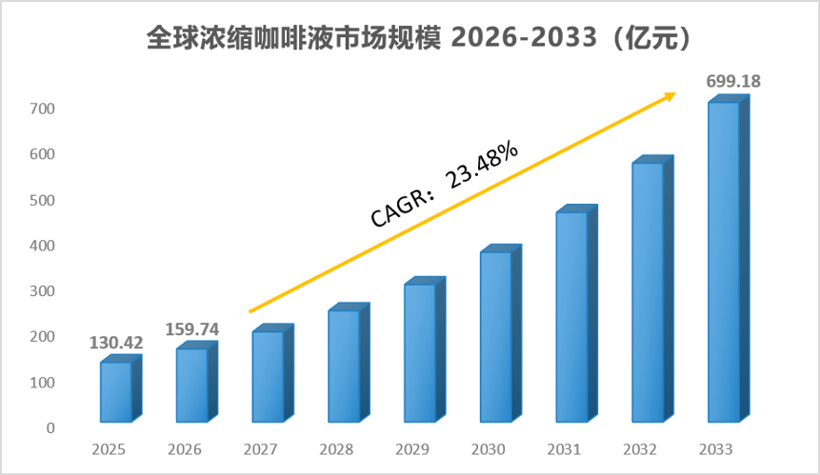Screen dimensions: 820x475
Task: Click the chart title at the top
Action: coord(418,38)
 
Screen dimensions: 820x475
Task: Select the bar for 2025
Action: coord(121,388)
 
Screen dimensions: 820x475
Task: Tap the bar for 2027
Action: coord(272,373)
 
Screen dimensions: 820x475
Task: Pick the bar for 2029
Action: coord(425,349)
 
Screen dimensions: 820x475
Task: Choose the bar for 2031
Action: coord(576,313)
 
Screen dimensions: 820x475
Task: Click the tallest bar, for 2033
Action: coord(729,259)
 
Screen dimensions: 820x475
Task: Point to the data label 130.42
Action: coord(116,343)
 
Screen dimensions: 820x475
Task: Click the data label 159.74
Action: coord(192,329)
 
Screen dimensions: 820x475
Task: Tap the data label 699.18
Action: coord(733,81)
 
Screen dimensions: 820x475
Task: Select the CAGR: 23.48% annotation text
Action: coord(445,185)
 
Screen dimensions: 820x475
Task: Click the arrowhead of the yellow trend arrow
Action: coord(670,96)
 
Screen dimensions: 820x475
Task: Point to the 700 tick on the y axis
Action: coord(42,109)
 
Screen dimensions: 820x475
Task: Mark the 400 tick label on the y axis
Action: coord(42,246)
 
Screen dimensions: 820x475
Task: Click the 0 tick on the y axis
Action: coord(50,428)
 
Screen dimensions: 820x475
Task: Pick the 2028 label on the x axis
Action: coord(336,449)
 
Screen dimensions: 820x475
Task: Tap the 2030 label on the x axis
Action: coord(488,449)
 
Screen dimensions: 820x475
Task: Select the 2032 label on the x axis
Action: coord(640,449)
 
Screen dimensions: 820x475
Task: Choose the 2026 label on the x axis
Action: coord(185,449)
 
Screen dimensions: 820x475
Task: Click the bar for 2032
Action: coord(652,289)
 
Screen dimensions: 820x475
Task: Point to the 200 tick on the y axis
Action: coord(42,337)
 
